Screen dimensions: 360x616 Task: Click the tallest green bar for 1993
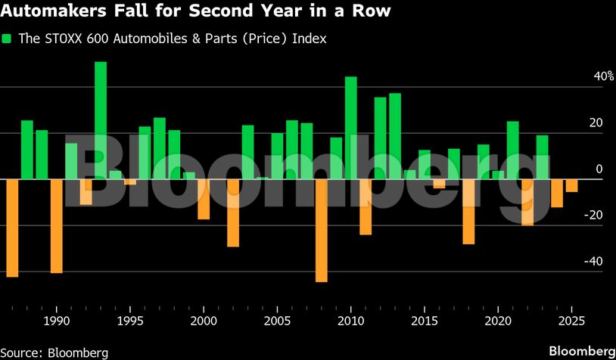pos(101,120)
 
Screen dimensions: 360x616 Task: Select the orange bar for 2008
pos(322,230)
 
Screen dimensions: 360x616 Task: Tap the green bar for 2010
pos(351,128)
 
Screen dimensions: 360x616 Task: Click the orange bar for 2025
pos(572,185)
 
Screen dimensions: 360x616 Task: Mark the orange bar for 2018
pos(469,212)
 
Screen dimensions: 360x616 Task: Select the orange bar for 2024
pos(557,193)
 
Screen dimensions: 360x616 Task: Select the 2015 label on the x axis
pos(425,321)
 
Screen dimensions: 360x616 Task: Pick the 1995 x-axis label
pos(129,321)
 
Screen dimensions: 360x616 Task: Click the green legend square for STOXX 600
pos(8,39)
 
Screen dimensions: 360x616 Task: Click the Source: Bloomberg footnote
pos(54,352)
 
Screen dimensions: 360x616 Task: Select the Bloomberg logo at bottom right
pos(581,351)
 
